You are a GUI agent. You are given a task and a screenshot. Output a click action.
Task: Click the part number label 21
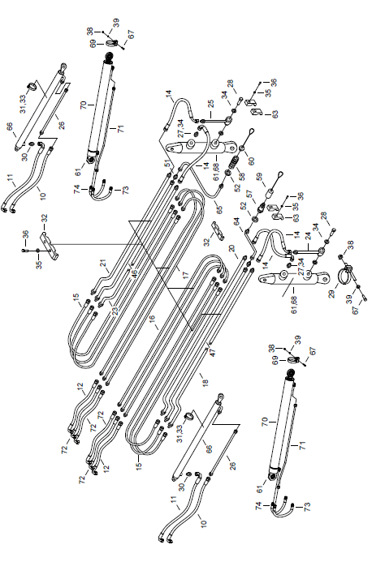click(x=104, y=264)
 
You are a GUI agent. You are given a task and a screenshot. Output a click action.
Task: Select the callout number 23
click(x=115, y=310)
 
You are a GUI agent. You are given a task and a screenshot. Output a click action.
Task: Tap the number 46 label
click(x=134, y=274)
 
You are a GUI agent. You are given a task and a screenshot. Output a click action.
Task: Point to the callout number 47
click(x=213, y=352)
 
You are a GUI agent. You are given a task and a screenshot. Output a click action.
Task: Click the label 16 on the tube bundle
click(x=152, y=319)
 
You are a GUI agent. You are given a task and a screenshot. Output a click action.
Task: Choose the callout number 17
click(x=185, y=275)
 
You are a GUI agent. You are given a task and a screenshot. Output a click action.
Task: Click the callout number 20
click(x=231, y=249)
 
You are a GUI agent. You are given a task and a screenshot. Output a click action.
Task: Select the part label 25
click(x=211, y=104)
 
